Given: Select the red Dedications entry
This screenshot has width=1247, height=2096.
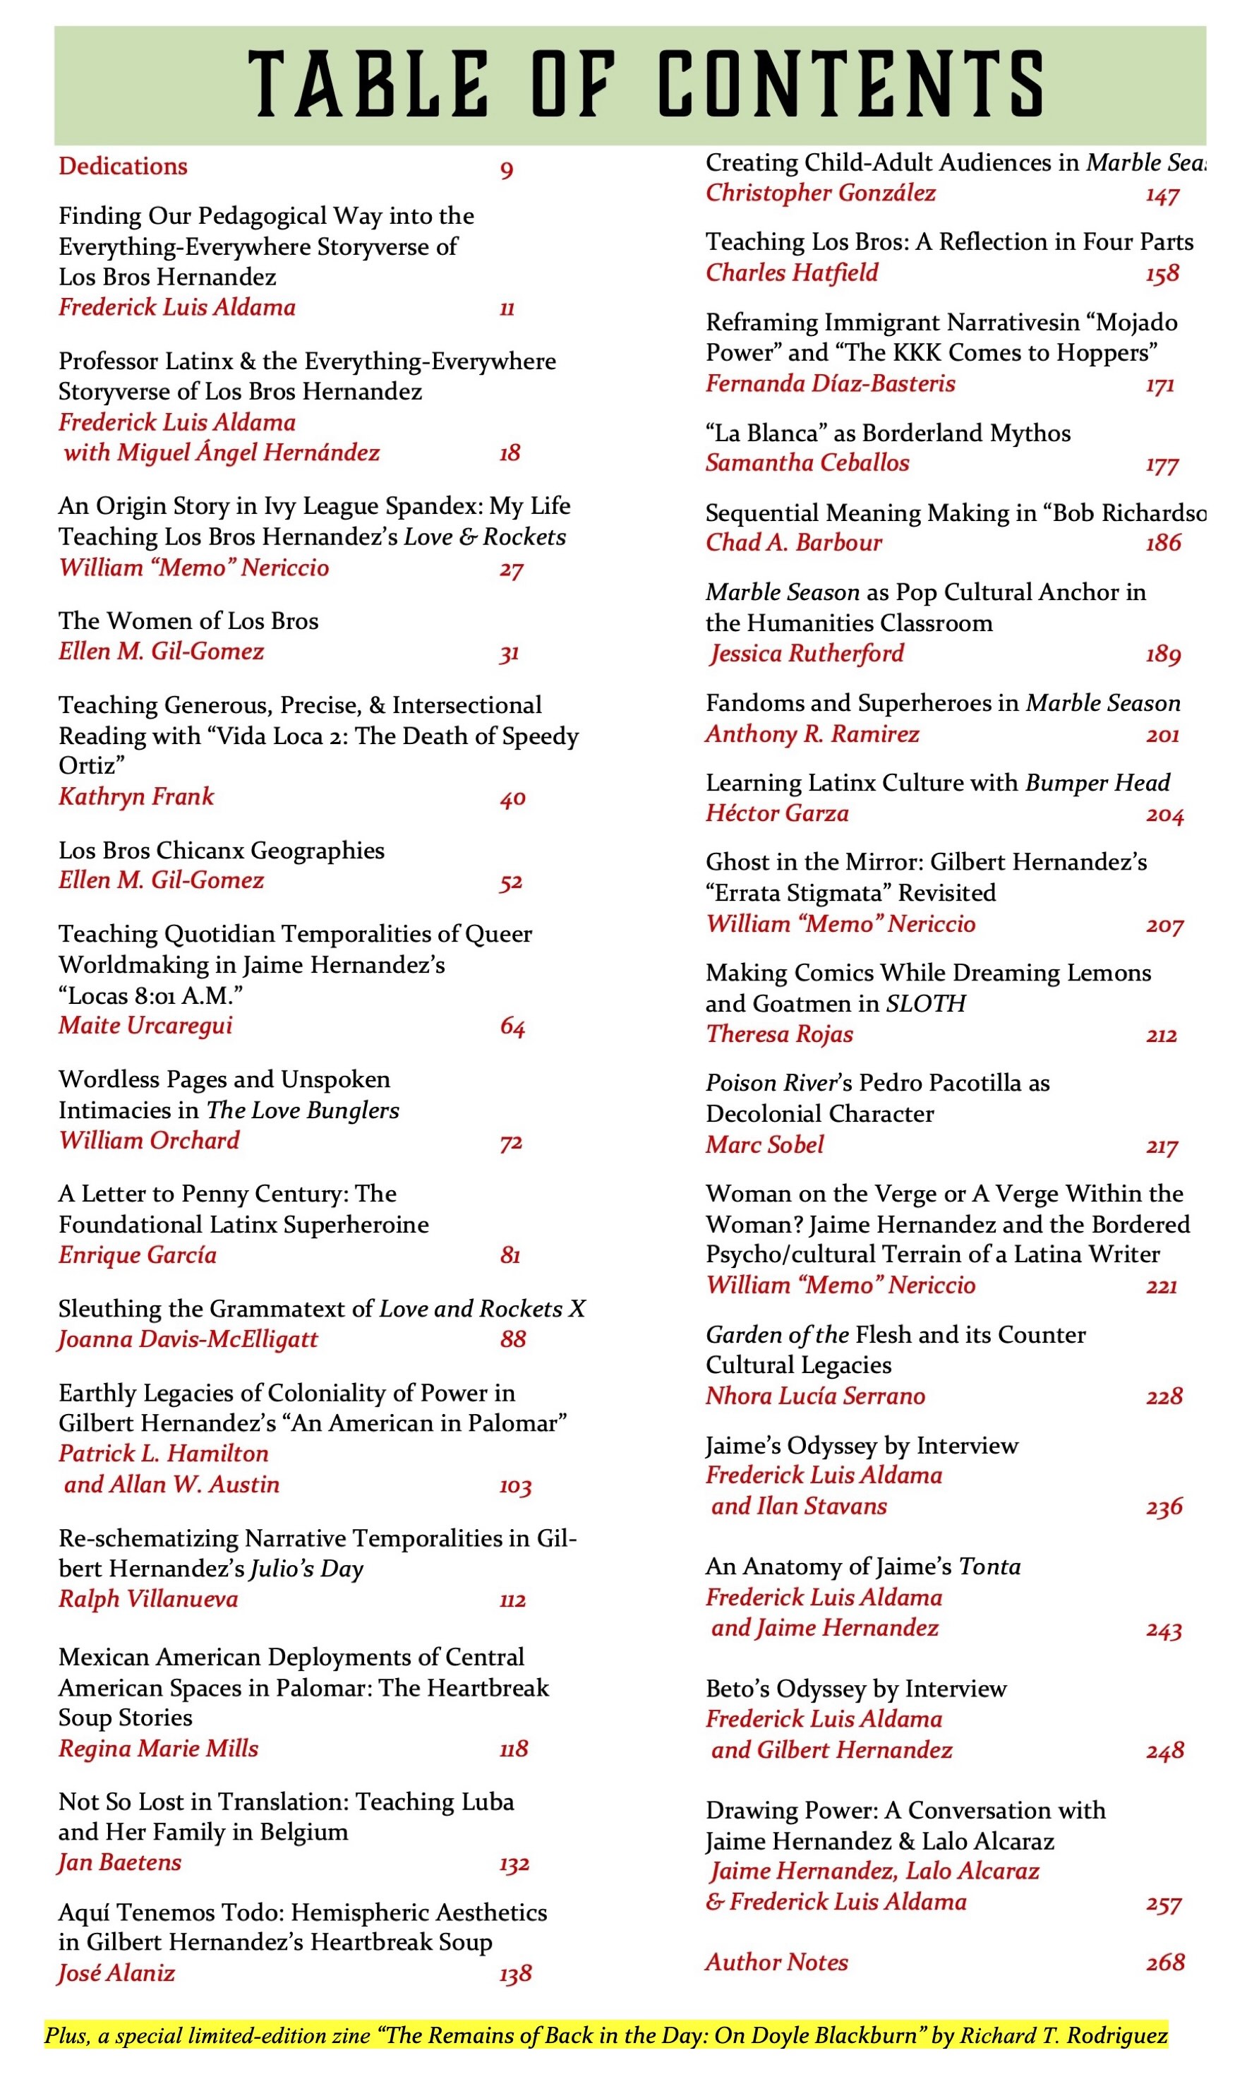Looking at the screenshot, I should coord(123,167).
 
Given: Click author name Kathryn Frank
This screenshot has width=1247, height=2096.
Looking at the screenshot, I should coord(136,797).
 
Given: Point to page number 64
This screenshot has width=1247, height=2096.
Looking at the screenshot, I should coord(512,1027).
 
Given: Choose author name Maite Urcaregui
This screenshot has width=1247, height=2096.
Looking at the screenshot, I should coord(145,1025).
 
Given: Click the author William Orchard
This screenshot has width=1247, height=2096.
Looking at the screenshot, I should coord(150,1140).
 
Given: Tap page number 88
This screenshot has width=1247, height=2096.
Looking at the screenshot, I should coord(512,1339).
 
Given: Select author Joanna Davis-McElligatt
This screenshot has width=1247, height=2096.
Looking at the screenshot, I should coord(188,1339).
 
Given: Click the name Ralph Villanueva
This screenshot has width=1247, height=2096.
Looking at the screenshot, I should coord(149,1598).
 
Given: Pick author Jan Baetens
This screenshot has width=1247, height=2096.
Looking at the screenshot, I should coord(120,1862).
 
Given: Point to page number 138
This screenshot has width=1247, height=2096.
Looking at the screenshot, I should coord(515,1973).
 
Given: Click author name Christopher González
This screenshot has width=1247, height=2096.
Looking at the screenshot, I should coord(820,193).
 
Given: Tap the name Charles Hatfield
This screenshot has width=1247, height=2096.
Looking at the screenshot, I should coord(792,273).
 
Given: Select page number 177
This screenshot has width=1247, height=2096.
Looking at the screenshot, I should coord(1162,465).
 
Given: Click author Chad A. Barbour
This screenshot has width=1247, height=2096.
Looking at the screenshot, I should coord(793,543).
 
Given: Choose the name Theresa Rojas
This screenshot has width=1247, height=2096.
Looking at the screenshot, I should coord(779,1034).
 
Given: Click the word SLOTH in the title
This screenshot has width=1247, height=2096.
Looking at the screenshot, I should coord(925,1003).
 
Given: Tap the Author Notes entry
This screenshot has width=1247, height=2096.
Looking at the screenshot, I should coord(776,1962).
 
